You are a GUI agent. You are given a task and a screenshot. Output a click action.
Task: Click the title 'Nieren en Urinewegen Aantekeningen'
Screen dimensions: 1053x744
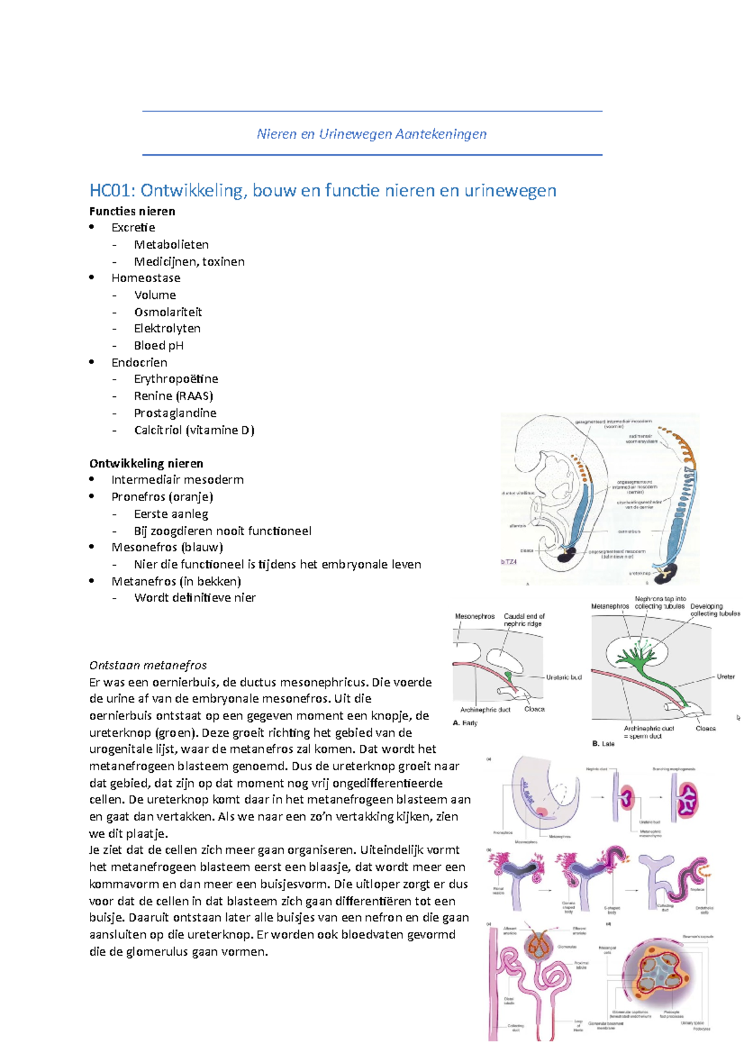371,134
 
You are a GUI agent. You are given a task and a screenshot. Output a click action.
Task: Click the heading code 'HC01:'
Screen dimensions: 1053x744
112,190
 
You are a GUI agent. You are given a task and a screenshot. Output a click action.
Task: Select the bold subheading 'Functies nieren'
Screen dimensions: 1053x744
132,211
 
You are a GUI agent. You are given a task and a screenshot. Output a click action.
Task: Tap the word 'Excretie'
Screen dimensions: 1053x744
133,228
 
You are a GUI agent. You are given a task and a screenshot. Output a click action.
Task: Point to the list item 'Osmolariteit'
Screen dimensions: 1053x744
168,312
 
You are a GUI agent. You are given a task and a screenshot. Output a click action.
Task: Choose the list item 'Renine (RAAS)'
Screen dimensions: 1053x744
174,396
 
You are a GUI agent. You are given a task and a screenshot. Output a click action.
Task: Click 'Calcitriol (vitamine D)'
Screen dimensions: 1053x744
194,430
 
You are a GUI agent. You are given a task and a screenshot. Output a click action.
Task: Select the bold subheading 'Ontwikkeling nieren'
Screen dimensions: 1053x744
146,463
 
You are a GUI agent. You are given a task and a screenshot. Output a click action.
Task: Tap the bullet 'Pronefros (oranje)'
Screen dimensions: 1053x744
162,497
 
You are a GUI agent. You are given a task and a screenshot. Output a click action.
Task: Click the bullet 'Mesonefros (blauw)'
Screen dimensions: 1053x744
167,547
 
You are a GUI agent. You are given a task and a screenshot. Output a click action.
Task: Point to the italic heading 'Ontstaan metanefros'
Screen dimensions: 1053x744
148,665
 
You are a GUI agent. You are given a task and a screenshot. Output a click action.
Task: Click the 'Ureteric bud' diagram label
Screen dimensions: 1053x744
564,677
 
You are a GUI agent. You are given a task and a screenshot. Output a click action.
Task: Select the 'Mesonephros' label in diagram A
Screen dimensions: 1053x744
475,616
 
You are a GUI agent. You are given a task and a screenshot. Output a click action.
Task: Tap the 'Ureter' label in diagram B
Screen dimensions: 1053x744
725,677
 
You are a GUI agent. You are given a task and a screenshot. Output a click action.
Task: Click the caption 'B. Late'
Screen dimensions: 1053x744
603,744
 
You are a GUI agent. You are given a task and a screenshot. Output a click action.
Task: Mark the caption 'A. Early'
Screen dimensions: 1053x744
466,723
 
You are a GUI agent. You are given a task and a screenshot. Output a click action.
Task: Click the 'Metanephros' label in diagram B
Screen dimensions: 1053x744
610,606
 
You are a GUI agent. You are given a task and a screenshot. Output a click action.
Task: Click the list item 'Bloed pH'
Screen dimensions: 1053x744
159,345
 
